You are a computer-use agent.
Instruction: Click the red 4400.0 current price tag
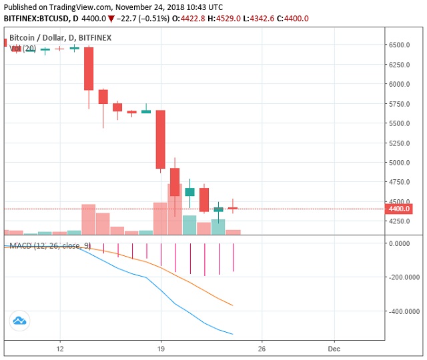click(400, 209)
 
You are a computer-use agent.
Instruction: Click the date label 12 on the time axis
click(60, 349)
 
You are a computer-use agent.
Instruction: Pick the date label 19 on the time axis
click(161, 349)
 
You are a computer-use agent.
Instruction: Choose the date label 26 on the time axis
click(262, 349)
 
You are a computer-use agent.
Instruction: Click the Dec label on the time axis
click(334, 349)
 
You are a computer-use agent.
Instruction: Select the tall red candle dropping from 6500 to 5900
click(89, 69)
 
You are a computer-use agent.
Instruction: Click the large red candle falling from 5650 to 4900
click(161, 139)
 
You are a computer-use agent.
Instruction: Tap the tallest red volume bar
click(175, 209)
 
